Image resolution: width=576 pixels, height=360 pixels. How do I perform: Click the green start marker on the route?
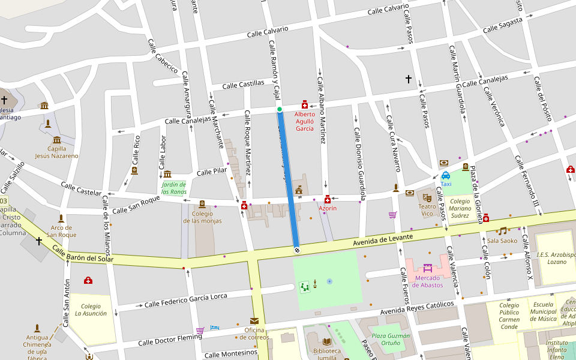point(280,109)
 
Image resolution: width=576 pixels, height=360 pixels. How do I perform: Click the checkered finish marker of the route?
point(296,250)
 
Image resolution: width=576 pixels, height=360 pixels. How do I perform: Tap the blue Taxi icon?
point(446,176)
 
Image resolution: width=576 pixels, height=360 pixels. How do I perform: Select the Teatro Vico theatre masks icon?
point(427,197)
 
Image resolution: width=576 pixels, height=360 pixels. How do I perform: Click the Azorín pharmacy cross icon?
point(328,199)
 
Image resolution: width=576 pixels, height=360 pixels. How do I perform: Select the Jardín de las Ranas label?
point(174,188)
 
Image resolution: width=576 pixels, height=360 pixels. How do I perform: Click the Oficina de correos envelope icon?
point(254,321)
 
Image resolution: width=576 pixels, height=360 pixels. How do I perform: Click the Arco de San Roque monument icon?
point(61,218)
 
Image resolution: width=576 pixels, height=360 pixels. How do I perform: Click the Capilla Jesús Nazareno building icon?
point(57,139)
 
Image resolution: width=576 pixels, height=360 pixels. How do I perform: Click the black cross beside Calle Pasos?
point(409,79)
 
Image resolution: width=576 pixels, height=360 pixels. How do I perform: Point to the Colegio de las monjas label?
point(202,217)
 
